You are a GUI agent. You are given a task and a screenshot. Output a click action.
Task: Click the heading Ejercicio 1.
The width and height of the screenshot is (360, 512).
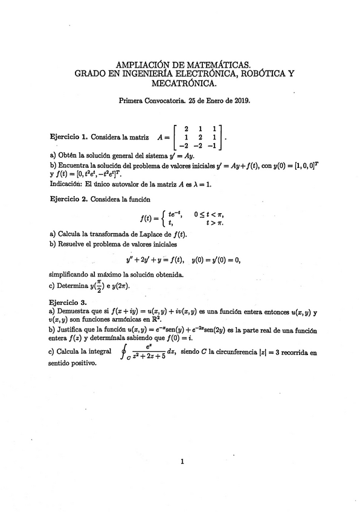68,138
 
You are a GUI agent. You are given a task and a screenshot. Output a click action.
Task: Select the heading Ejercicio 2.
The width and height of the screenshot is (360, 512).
68,199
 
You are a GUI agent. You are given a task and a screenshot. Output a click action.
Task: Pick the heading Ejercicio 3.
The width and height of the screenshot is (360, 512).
68,301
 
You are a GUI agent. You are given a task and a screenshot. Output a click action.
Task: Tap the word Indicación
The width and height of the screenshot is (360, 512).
68,184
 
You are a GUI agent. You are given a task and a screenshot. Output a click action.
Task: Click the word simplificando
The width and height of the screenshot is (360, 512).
71,274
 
